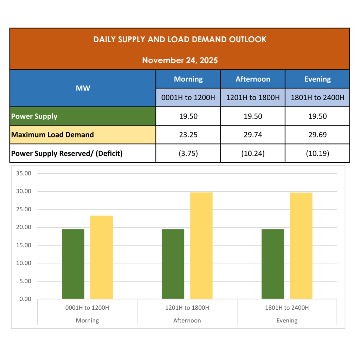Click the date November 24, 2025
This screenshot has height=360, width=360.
coord(180,60)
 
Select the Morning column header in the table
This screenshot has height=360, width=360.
coord(188,79)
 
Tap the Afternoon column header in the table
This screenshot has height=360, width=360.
coord(253,79)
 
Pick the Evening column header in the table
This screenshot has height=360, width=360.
coord(317,79)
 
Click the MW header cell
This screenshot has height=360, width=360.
coord(83,88)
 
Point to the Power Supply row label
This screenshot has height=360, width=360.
coord(34,116)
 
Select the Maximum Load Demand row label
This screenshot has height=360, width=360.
coord(53,135)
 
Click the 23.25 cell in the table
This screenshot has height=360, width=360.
coord(188,135)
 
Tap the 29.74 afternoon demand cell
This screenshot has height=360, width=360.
coord(253,135)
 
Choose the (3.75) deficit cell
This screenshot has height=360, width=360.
coord(188,153)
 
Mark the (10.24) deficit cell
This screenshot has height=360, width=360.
coord(253,153)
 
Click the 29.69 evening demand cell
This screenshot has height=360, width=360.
coord(317,135)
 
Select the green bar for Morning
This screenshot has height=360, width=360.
coord(73,264)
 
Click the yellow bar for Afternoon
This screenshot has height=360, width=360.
coord(201,246)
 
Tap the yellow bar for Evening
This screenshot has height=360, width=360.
coord(301,246)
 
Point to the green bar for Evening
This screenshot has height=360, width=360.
coord(273,264)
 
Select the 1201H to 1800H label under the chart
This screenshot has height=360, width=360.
coord(187,308)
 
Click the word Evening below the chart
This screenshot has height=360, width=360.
coord(287,321)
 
